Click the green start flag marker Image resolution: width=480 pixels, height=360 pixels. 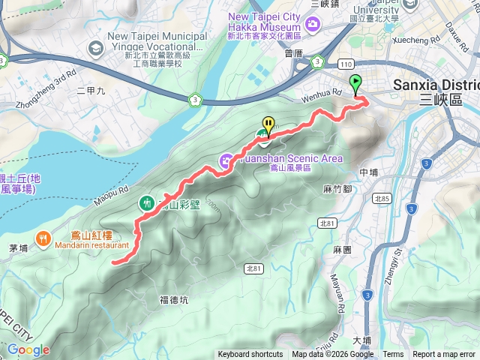pos(355,84)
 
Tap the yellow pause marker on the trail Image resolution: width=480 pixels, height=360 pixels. pos(268,124)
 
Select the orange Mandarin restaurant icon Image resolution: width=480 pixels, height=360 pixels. pos(45,239)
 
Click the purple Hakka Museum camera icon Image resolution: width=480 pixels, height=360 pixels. pos(311,25)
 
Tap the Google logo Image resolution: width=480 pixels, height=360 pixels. pos(28,349)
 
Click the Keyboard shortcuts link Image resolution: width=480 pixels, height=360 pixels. pos(250,355)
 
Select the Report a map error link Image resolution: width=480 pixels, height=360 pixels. pos(443,355)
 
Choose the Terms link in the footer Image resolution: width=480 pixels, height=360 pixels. pos(393,355)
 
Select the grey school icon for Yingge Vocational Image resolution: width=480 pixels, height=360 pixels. pos(95,49)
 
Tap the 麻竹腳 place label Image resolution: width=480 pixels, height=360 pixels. pos(337,189)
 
